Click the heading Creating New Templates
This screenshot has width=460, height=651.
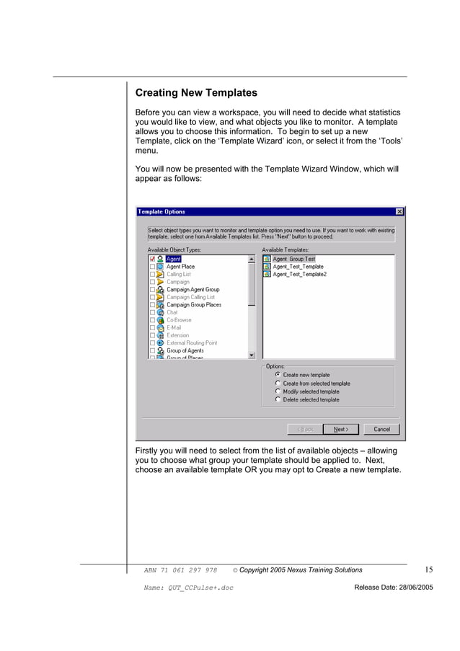196,93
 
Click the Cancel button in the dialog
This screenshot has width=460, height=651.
381,429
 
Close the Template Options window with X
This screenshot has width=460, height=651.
399,211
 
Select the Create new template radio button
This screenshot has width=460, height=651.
278,375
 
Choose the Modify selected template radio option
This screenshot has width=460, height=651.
278,391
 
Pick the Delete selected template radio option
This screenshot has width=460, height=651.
278,399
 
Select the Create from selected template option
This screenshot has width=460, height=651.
278,384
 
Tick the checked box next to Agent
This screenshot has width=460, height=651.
152,259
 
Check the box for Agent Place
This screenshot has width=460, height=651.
152,267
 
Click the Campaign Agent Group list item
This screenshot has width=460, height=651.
193,290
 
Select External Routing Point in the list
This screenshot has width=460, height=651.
191,343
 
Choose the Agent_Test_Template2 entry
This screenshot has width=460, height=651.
299,275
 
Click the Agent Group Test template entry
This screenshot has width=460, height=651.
293,259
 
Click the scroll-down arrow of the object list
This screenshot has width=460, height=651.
252,355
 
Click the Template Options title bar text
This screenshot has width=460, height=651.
162,211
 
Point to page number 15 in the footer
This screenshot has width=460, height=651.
428,570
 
